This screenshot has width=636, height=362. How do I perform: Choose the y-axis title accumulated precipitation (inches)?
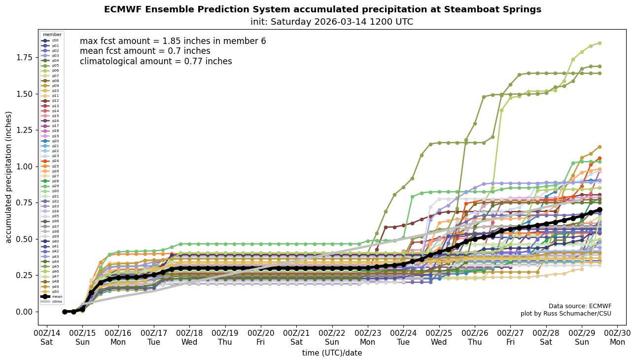tap(8, 177)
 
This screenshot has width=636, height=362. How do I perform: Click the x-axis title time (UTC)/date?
tap(332, 353)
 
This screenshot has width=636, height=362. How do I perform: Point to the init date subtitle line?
tap(332, 22)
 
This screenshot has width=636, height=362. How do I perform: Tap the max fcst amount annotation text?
tap(173, 41)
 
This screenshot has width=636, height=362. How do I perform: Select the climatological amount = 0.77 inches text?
tap(156, 61)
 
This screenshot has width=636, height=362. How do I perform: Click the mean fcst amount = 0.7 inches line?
tap(145, 51)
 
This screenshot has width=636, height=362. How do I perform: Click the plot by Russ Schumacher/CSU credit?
tap(565, 314)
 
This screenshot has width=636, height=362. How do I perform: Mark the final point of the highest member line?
tap(600, 43)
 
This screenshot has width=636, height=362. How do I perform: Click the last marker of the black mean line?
tap(600, 209)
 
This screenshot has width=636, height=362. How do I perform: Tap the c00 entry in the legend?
tap(51, 40)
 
